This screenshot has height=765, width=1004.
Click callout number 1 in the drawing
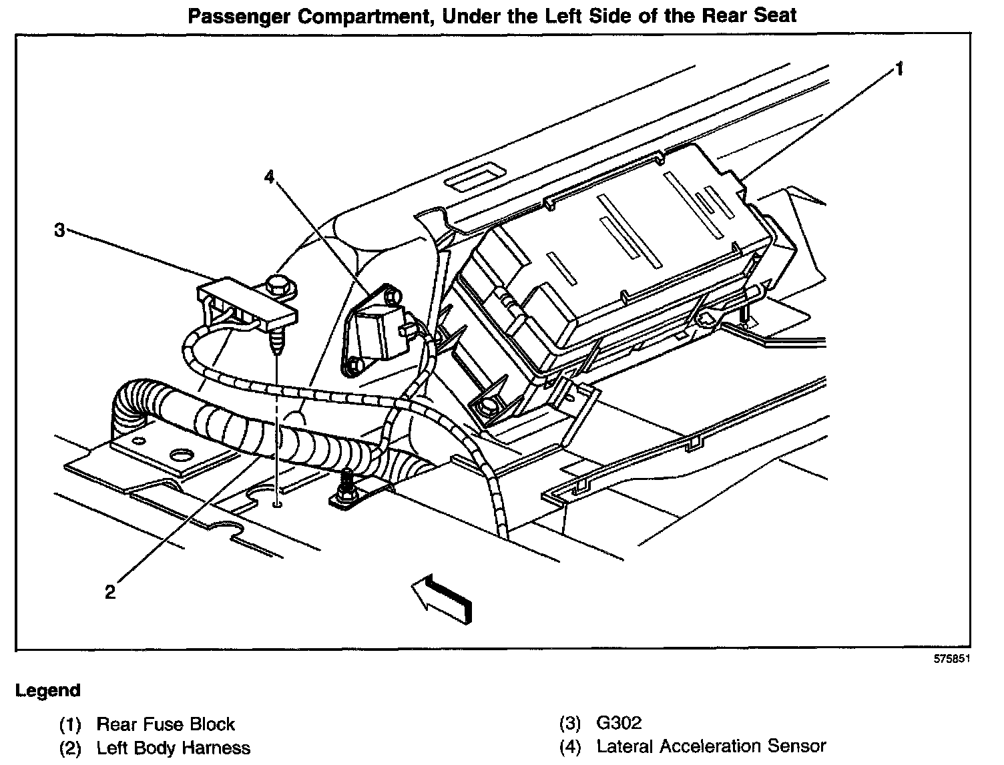(899, 68)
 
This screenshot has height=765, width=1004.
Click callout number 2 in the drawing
(110, 591)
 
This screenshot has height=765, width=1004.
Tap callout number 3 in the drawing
(59, 230)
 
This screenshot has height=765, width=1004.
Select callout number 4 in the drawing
(269, 176)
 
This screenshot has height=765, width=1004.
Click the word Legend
(47, 690)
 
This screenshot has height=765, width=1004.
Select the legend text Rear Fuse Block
(166, 724)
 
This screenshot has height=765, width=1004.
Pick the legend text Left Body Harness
(174, 748)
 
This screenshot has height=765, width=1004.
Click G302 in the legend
(619, 723)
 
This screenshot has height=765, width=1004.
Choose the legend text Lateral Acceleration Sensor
(712, 746)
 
